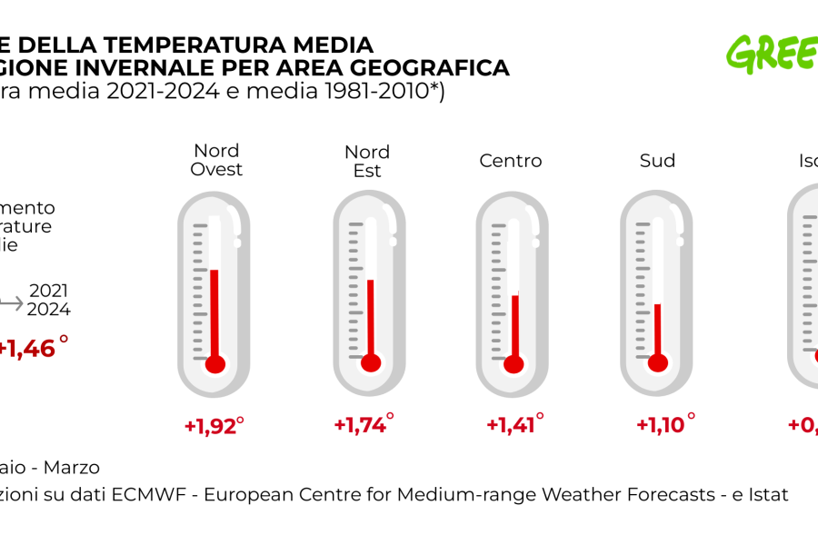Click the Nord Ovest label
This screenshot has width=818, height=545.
[x=216, y=160]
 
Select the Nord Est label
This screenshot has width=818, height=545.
[x=367, y=161]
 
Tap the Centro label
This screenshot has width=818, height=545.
[x=511, y=161]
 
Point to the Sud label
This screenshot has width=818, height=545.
[x=657, y=161]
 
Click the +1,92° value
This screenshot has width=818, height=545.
[x=214, y=425]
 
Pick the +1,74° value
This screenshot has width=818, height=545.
[x=364, y=424]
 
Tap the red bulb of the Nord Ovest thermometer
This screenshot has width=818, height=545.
[x=214, y=364]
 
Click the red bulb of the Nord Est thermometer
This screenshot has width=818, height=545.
[x=370, y=363]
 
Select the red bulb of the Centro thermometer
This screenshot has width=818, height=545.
[x=514, y=364]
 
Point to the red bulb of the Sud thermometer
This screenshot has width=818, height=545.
[x=658, y=363]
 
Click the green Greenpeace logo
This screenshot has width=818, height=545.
[x=773, y=54]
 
